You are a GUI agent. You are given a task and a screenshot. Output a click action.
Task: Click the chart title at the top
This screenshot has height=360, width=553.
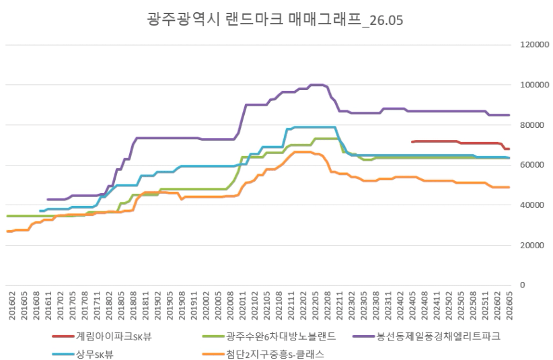coord(274,20)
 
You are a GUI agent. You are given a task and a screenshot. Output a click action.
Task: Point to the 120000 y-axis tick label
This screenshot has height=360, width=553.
coord(535,45)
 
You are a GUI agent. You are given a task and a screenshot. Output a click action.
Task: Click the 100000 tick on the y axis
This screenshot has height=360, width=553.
coord(535,85)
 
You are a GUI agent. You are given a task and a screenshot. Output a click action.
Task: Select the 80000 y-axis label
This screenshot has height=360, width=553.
coord(533,125)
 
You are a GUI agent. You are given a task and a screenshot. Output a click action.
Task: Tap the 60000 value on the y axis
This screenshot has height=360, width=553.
coord(533,165)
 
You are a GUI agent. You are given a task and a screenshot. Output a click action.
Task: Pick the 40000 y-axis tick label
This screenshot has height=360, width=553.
coord(533,205)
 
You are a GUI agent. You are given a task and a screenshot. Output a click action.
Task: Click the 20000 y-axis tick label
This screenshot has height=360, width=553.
coord(533,246)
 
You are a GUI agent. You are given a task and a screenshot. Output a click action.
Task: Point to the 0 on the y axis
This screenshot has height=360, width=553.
coord(523,285)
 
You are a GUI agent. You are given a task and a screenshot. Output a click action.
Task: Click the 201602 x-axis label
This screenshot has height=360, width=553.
coord(12,305)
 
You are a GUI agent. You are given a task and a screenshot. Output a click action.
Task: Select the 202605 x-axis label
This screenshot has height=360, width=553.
coord(509,305)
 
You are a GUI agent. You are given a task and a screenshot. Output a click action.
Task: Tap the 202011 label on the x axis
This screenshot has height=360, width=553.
coord(242,305)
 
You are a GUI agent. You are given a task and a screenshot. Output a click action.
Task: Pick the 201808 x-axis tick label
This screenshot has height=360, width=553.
coord(133,305)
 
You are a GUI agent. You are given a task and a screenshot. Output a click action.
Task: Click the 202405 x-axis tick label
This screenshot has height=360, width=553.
coord(412,305)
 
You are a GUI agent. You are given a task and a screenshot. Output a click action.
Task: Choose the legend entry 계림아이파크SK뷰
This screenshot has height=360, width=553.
coord(102,336)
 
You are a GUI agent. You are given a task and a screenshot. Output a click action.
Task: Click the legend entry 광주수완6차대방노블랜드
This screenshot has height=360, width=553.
coord(270,336)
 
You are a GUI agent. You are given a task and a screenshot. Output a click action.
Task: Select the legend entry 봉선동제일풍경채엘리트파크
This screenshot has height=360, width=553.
coord(427,336)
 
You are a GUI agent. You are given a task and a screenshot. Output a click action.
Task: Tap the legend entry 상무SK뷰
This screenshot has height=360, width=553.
coord(83,354)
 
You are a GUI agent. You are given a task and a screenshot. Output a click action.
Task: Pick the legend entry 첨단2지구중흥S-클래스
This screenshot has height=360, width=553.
coord(264,354)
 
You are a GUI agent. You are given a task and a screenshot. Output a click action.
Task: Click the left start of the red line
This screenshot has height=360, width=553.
coord(412,142)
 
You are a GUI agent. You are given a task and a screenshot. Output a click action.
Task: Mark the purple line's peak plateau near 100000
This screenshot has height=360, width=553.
coord(317,85)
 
